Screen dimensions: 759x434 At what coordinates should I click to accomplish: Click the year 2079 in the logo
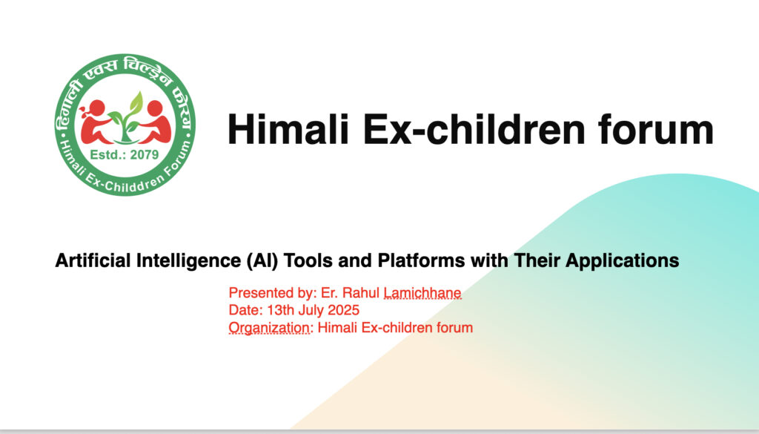coord(145,155)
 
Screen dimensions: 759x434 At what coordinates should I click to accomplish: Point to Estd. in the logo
coord(108,155)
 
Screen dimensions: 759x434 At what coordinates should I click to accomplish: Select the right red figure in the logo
coord(155,122)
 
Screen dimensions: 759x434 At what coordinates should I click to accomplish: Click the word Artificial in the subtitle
coord(93,260)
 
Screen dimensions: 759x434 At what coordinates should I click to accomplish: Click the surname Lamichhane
coord(422,293)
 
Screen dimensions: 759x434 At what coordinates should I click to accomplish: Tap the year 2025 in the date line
coord(344,310)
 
